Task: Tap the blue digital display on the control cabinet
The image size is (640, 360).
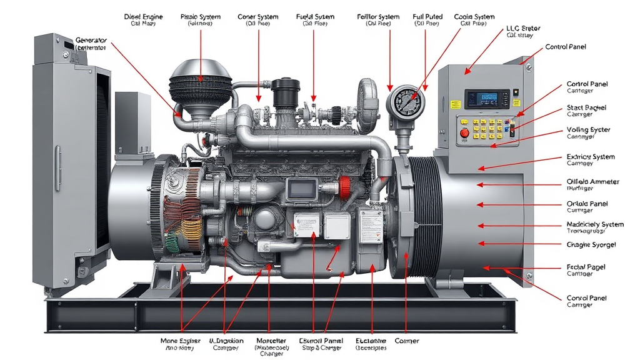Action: click(x=481, y=98)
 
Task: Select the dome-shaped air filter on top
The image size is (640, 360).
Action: click(x=201, y=78)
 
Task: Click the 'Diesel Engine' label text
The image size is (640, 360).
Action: click(x=143, y=17)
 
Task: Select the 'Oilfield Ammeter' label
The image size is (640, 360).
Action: click(x=592, y=182)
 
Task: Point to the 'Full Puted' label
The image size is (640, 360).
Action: click(x=427, y=17)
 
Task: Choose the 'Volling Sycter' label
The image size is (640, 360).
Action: click(x=588, y=130)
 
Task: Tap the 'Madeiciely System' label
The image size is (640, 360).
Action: click(x=594, y=224)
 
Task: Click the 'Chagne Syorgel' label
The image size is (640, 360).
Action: click(x=591, y=244)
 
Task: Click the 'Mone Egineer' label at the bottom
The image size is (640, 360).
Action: click(x=181, y=341)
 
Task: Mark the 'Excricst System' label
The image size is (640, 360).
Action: click(x=591, y=157)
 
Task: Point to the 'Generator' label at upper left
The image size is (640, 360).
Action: click(x=91, y=41)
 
